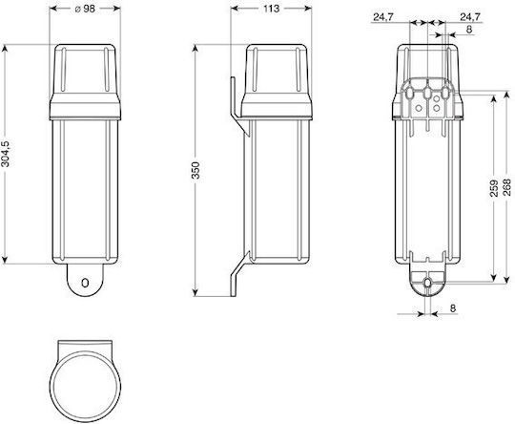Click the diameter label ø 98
[x=85, y=9]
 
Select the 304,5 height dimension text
[x=6, y=154]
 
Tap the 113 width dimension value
[x=271, y=9]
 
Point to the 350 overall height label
[x=196, y=170]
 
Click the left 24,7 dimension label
[x=383, y=17]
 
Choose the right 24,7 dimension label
[x=470, y=17]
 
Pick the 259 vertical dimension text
[x=494, y=188]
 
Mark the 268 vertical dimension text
[x=507, y=187]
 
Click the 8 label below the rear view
[x=453, y=308]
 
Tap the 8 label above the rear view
[x=469, y=30]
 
